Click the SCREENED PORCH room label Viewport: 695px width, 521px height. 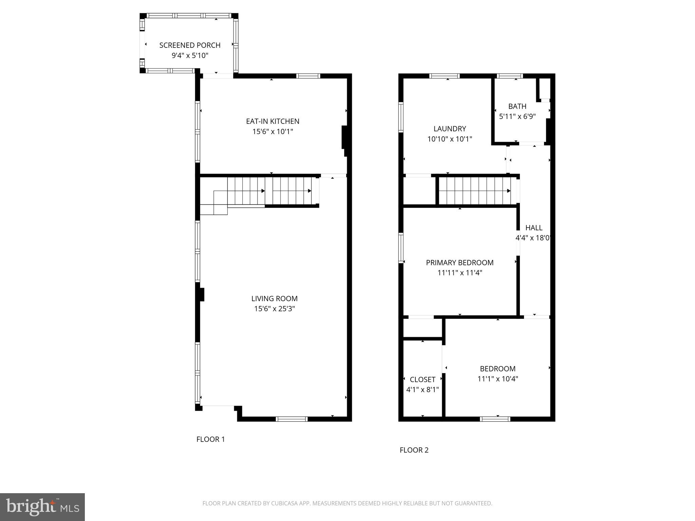[190, 45]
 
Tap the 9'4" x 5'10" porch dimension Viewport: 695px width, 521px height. [190, 55]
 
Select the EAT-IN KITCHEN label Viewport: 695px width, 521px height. [273, 121]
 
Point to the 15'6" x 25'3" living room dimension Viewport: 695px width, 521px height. [275, 309]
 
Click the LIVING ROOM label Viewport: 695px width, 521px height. [274, 298]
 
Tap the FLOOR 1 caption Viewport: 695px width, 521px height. [210, 439]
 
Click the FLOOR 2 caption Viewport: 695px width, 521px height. [414, 450]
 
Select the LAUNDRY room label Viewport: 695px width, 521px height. [450, 129]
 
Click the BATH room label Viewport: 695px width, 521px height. [517, 106]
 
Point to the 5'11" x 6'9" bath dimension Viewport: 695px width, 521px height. [517, 116]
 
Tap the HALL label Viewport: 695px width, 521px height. [534, 228]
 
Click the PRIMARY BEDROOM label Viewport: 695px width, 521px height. [459, 263]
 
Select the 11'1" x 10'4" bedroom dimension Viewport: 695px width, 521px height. [497, 379]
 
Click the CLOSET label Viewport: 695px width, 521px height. [422, 380]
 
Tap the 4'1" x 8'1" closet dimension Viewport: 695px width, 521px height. [422, 390]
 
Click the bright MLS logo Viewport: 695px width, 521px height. [42, 507]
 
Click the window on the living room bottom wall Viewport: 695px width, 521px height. [292, 419]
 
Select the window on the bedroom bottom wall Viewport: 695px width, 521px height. [495, 419]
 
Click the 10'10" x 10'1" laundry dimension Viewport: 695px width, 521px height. [450, 139]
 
